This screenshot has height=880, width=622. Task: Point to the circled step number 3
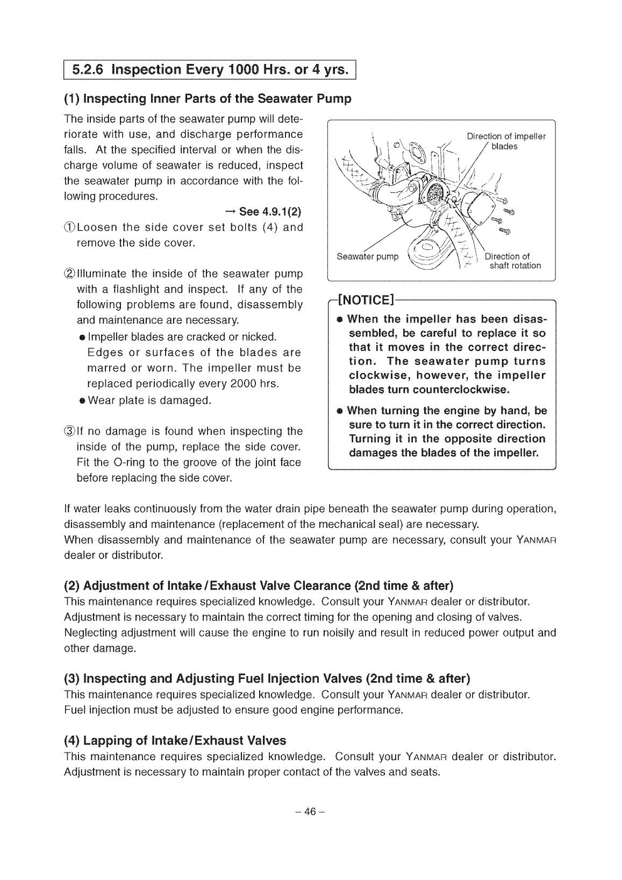[x=70, y=431]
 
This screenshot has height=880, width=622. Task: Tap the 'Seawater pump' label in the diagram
[x=367, y=256]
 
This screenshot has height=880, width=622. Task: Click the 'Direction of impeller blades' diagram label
[x=505, y=141]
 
